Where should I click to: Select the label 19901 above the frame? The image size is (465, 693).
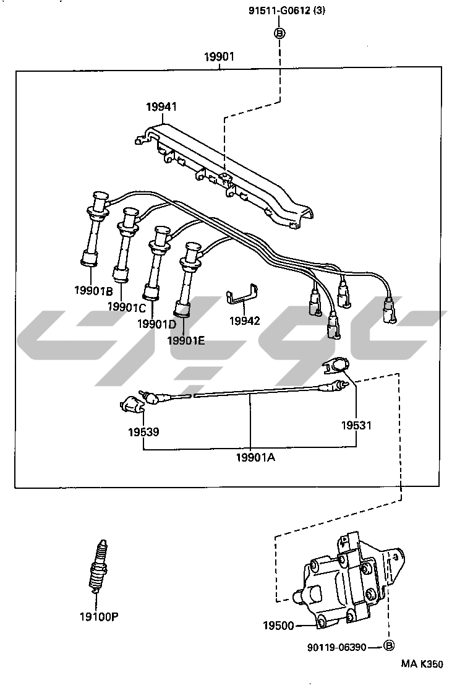tap(220, 58)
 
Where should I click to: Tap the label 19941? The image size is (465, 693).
tap(161, 106)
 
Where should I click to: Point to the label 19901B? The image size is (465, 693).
tap(93, 290)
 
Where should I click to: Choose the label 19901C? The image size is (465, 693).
tap(126, 306)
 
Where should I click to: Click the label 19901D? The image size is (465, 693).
tap(156, 323)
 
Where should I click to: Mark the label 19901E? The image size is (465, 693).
tap(186, 339)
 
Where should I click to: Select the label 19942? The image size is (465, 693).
tap(245, 321)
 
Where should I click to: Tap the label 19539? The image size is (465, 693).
tap(143, 432)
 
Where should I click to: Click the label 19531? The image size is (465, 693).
tap(357, 426)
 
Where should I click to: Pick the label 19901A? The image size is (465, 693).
tap(255, 457)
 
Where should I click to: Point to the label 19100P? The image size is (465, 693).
tap(98, 616)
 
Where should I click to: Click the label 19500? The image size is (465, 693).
tap(278, 626)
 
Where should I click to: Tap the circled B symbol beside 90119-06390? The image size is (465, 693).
tap(389, 647)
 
